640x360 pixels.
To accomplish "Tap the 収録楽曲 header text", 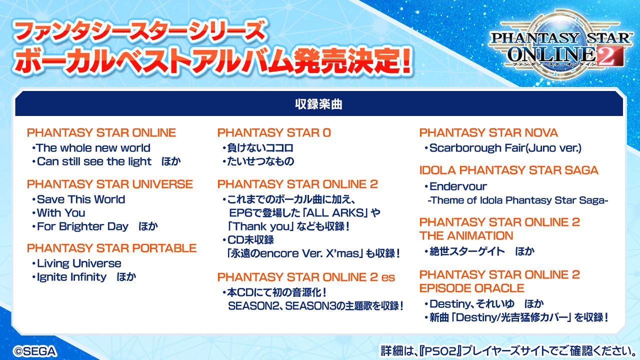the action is (x=319, y=104).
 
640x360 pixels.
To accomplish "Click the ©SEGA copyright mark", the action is (x=35, y=351).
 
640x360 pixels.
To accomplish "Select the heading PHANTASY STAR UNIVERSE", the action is (x=109, y=184).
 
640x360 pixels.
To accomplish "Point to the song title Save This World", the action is (x=81, y=199).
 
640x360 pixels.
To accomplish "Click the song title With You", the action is (x=61, y=213).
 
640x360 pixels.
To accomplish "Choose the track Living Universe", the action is (x=79, y=263).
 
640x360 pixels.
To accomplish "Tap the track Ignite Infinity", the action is (x=71, y=277).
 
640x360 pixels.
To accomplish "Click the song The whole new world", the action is (x=93, y=148).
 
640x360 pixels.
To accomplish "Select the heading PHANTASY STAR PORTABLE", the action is (x=111, y=248).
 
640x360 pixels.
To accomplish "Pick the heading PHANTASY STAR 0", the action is (x=274, y=133).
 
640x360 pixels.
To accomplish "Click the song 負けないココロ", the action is (x=260, y=148).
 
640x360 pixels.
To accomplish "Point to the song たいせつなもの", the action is (x=260, y=161).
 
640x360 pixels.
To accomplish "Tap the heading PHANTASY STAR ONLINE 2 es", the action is (x=306, y=277).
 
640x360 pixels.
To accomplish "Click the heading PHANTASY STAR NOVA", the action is (x=488, y=133).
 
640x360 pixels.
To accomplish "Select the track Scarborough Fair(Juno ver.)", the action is (x=505, y=148).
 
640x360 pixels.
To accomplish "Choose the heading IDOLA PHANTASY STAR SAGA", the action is (x=509, y=170).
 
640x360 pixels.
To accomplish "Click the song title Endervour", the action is (x=458, y=186).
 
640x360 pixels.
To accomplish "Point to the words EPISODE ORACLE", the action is (x=471, y=288).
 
